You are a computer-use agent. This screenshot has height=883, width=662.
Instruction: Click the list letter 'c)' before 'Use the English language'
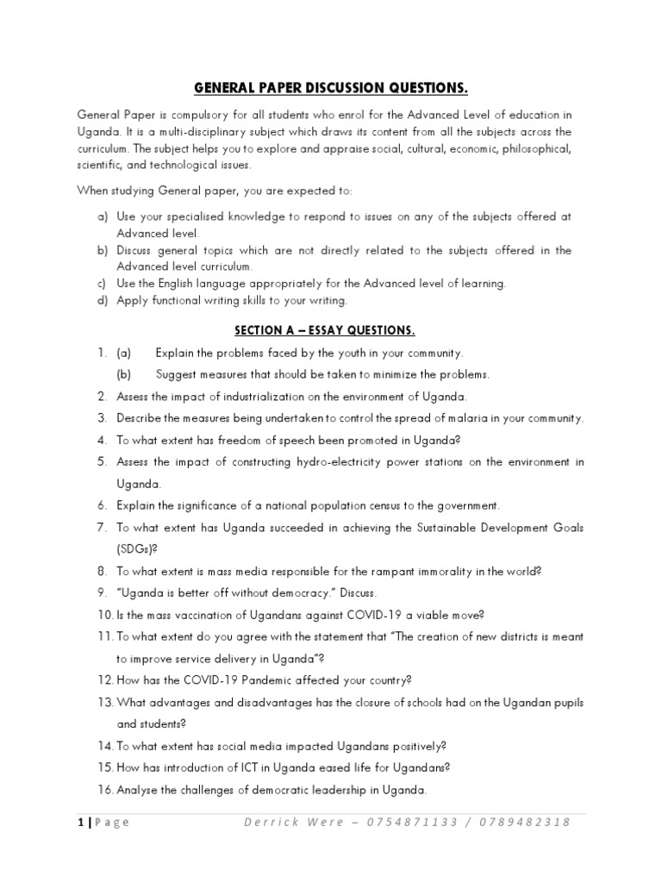(101, 284)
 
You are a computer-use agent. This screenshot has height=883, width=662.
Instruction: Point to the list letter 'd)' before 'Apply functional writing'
(101, 301)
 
